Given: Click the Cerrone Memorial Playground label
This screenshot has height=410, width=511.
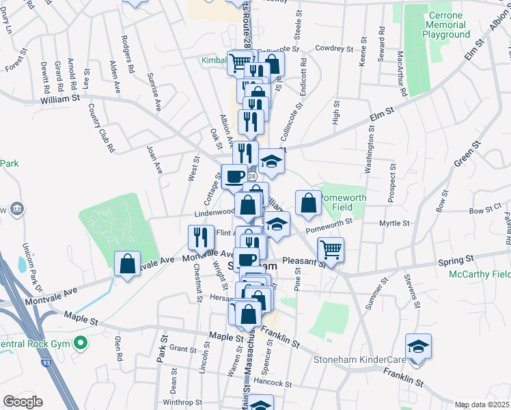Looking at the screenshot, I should pos(446,25).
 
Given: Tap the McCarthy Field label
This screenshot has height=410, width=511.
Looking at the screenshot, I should pos(479,275).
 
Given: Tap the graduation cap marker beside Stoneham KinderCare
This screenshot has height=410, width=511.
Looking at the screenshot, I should pos(418,346).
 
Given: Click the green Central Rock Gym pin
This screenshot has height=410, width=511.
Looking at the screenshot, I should pos(81,342).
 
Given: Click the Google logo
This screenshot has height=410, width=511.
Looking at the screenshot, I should pos(23,402).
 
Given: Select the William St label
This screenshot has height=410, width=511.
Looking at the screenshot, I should pos(60,98).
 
